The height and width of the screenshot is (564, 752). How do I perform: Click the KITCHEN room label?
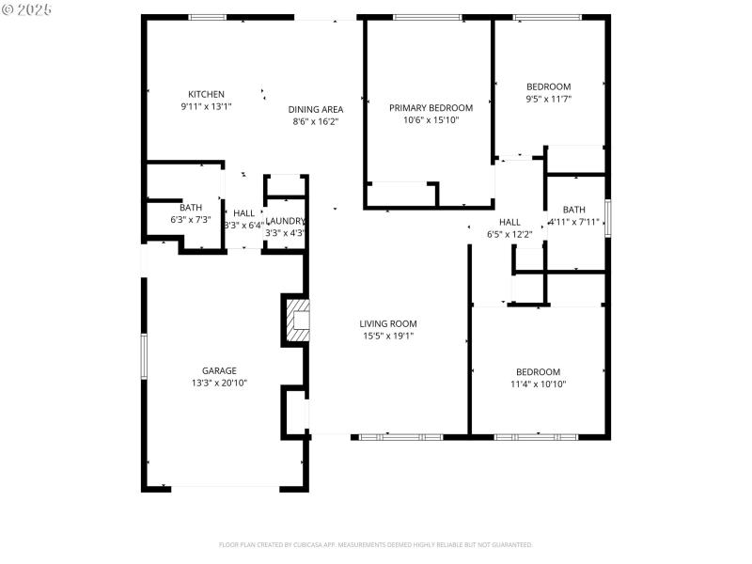click(x=206, y=94)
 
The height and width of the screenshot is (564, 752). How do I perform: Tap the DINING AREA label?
click(x=315, y=109)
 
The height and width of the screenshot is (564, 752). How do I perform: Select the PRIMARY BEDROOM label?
click(x=431, y=108)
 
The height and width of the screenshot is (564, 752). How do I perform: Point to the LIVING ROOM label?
click(x=389, y=323)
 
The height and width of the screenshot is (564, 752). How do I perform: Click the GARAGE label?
click(x=219, y=370)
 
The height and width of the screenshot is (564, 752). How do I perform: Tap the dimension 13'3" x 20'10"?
click(x=219, y=384)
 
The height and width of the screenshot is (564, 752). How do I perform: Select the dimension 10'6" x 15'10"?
click(x=431, y=120)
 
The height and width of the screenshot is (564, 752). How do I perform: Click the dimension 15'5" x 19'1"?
click(x=389, y=336)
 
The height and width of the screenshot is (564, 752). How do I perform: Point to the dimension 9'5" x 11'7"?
click(x=548, y=99)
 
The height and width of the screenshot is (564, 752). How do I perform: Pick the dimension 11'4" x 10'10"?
click(x=538, y=384)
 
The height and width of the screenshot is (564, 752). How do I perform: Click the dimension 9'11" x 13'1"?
click(x=206, y=106)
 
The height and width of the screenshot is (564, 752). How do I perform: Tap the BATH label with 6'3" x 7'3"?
click(x=191, y=208)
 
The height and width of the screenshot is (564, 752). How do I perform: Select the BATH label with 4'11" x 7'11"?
click(x=573, y=210)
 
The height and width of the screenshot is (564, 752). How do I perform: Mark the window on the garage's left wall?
click(x=144, y=356)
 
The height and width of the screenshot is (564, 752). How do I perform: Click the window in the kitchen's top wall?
click(x=207, y=17)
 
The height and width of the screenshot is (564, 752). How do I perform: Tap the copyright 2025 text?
click(x=27, y=8)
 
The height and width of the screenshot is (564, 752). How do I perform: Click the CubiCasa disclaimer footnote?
click(x=376, y=544)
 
